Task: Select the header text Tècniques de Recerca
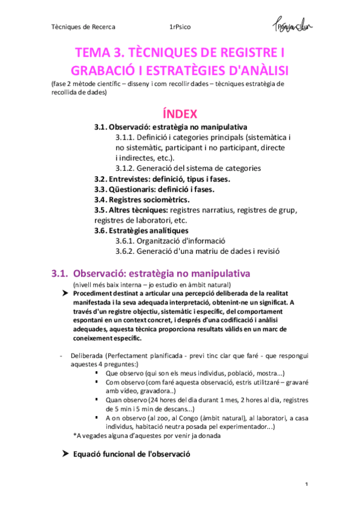coord(83,27)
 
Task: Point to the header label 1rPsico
coord(182,27)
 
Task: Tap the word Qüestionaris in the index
coord(133,189)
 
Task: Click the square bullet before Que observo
coord(97,373)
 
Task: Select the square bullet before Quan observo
coord(97,400)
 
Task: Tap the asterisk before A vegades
coord(74,435)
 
